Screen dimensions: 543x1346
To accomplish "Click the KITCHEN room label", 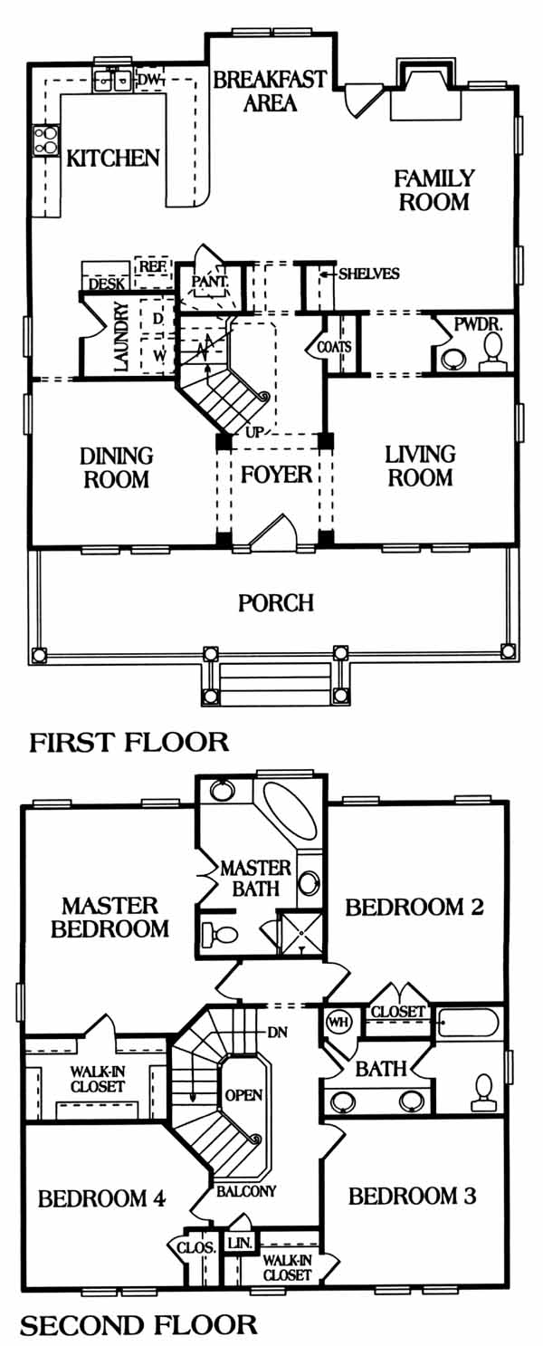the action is click(112, 158).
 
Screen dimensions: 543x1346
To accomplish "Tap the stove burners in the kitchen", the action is click(46, 140).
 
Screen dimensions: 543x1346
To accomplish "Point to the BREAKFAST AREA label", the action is click(270, 91).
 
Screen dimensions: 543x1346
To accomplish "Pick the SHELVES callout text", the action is click(369, 274).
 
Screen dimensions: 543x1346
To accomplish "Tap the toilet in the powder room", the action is click(492, 351).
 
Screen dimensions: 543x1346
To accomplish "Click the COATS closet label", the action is click(334, 347).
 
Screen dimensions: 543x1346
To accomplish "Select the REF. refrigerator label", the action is click(153, 265).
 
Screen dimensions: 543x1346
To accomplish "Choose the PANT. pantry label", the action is click(210, 281).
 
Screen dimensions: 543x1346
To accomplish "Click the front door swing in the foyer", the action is click(273, 534).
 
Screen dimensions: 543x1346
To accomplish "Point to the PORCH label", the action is click(276, 602).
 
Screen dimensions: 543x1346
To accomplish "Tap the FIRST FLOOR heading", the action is click(129, 743).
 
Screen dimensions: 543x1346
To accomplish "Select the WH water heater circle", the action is click(335, 1021).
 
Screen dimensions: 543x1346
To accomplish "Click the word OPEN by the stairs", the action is click(243, 1095).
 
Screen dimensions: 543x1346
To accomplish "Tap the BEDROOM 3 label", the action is click(412, 1197).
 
